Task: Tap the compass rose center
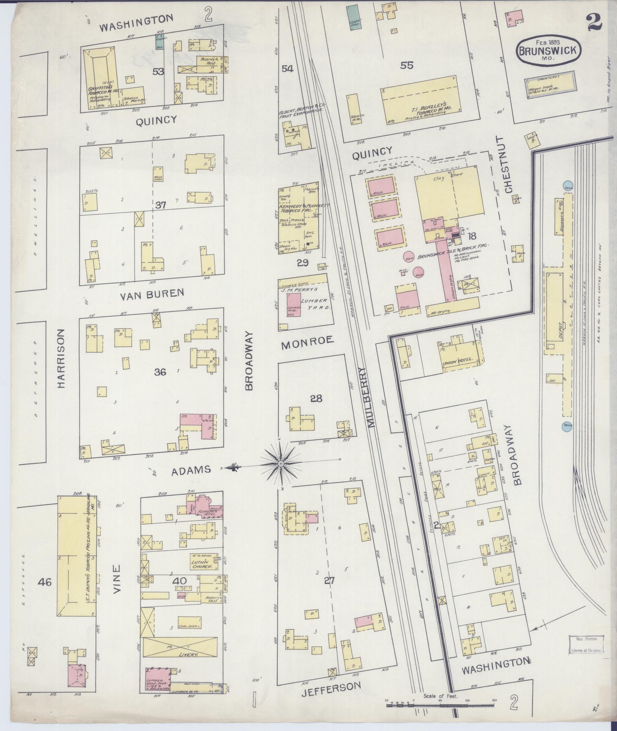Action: pyautogui.click(x=280, y=463)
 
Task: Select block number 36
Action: pyautogui.click(x=160, y=371)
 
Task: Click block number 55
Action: pyautogui.click(x=407, y=65)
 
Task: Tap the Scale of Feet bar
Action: pyautogui.click(x=440, y=703)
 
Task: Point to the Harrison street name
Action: pyautogui.click(x=62, y=359)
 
